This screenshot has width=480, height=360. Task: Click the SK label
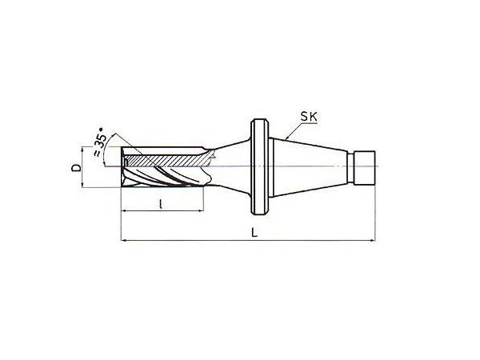(309, 117)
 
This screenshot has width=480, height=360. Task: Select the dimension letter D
(76, 168)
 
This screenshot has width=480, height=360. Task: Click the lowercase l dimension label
(161, 204)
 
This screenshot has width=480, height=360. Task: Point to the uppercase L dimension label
(254, 232)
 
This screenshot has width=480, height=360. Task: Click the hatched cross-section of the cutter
(166, 161)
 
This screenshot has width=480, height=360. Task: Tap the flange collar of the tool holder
(260, 167)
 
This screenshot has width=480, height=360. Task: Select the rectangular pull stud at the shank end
(364, 168)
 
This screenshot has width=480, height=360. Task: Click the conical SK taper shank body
(308, 168)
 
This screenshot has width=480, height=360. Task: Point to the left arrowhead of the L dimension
(124, 241)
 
